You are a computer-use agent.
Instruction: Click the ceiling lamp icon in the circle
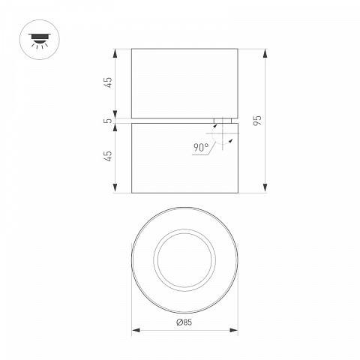(x=40, y=40)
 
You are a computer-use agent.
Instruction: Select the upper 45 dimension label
(x=109, y=82)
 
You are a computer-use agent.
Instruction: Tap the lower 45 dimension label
(x=109, y=156)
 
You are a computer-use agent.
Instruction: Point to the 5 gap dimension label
(x=109, y=121)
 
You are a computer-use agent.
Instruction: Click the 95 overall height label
(x=257, y=121)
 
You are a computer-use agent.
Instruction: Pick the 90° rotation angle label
(x=201, y=148)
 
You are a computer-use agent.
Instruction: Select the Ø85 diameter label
(x=184, y=322)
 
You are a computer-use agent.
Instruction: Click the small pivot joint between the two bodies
(x=223, y=121)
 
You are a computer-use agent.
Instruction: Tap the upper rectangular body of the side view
(x=184, y=83)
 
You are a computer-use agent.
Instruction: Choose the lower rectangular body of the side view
(x=184, y=158)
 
